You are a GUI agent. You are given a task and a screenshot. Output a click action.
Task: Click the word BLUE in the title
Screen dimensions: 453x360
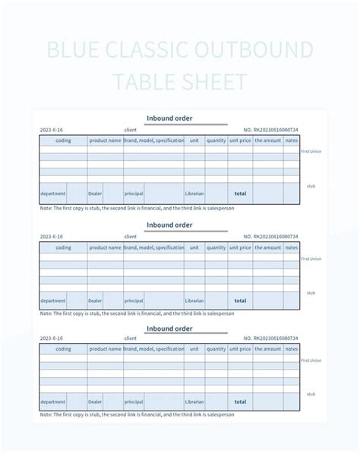[71, 51]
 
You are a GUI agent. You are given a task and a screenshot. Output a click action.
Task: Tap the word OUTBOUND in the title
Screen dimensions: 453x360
[255, 51]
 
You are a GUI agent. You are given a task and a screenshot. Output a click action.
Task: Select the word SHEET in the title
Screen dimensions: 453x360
[211, 81]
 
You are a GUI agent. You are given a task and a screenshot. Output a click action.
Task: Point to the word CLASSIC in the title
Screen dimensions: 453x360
[150, 51]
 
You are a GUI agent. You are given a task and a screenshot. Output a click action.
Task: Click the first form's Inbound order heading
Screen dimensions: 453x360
[169, 118]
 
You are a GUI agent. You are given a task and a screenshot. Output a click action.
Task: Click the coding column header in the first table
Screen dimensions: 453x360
[63, 140]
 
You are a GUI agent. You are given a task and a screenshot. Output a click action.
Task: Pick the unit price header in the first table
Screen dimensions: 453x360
[239, 140]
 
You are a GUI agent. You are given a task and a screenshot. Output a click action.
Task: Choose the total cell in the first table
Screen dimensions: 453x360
[240, 193]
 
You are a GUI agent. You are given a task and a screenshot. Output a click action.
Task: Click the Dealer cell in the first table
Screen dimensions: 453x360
[95, 193]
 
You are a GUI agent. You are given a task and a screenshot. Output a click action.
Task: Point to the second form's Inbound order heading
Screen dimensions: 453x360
[169, 225]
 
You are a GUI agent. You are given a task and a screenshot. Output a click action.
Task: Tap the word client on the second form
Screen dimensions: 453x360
[130, 237]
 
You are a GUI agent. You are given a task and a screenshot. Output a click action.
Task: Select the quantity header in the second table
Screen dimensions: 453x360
[216, 247]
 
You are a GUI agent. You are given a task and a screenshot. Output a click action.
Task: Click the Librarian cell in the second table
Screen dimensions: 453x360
[194, 300]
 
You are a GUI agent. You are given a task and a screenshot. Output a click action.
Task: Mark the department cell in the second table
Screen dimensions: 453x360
[52, 300]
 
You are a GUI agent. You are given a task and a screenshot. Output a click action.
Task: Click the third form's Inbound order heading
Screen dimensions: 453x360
[169, 329]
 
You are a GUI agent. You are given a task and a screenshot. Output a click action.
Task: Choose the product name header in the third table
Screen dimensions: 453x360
[105, 349]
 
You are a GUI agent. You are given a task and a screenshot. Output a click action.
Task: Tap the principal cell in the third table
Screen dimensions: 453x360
[134, 402]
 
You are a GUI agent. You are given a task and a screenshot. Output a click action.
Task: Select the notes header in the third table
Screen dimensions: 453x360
[292, 349]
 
